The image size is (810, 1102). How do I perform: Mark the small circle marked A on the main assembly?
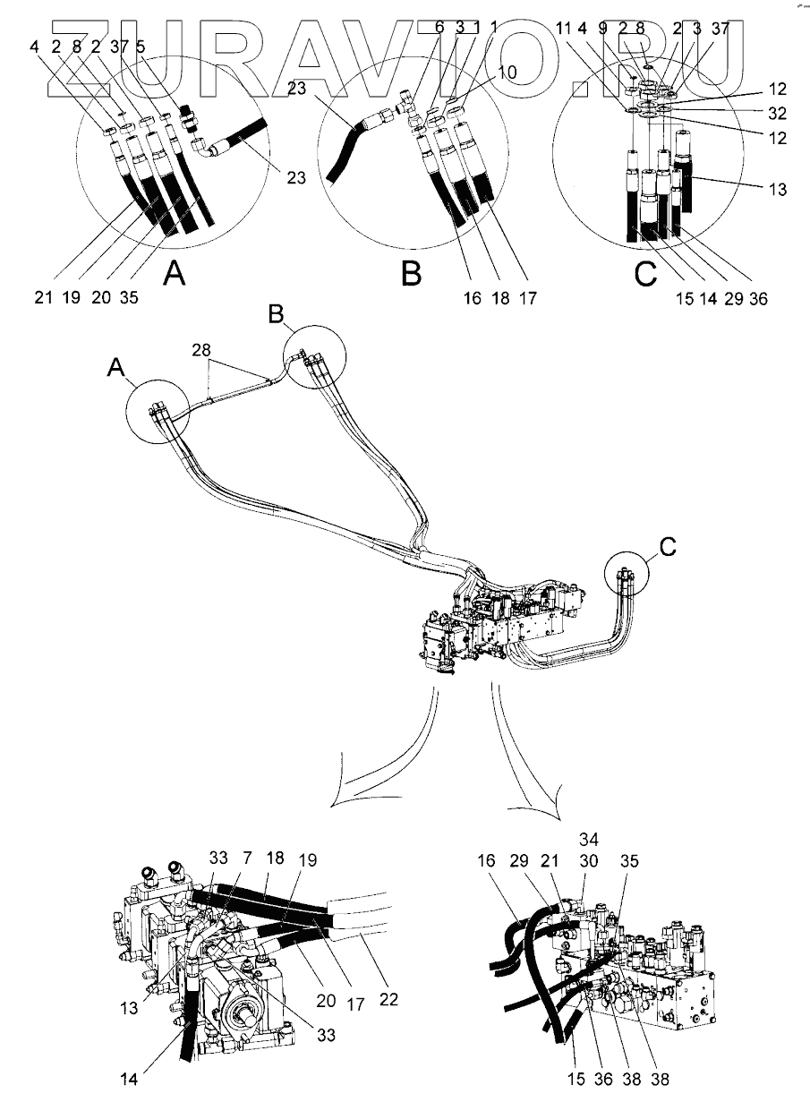(x=158, y=412)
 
